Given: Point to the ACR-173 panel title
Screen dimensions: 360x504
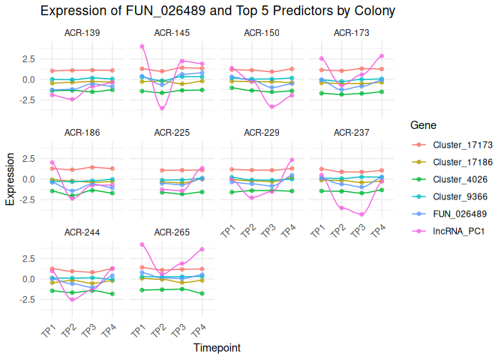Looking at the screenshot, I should [351, 34].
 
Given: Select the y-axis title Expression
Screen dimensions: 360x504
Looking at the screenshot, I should [10, 179].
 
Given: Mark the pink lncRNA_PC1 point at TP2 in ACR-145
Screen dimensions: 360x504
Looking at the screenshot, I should [162, 109].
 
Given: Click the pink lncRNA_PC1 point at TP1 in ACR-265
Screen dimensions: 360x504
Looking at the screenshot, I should [142, 244].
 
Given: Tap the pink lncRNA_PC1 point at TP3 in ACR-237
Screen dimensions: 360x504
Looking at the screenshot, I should [362, 214].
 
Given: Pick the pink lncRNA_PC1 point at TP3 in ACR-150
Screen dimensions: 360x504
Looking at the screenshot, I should [272, 107].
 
